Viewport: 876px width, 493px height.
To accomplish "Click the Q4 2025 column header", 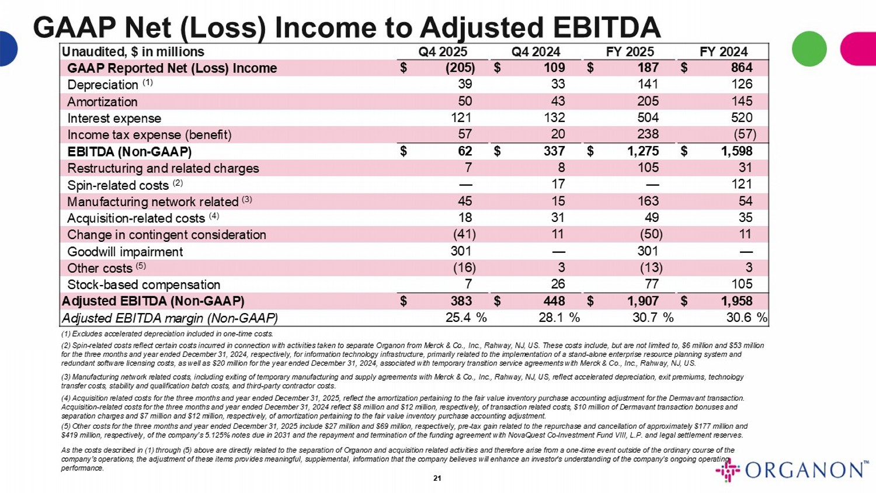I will [443, 51].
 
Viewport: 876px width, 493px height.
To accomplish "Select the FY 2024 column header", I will [724, 51].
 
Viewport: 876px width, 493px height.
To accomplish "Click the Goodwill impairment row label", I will [125, 252].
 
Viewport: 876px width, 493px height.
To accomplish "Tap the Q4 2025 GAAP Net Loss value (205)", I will [460, 68].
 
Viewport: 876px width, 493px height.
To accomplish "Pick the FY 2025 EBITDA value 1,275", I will [643, 151].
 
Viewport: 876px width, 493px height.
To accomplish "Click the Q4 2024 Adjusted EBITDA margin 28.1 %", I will [559, 318].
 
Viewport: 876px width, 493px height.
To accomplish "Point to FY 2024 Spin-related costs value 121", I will [742, 185].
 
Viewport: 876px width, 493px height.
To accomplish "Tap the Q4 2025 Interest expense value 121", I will [461, 118].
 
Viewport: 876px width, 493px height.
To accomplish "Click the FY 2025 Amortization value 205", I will [648, 101].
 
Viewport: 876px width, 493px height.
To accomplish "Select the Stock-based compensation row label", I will [144, 285].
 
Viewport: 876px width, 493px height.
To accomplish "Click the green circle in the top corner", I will [809, 48].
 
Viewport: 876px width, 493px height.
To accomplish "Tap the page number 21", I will [437, 478].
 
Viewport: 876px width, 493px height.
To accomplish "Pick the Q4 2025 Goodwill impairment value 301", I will [461, 252].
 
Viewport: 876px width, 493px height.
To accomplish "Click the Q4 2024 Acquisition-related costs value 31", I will [558, 218].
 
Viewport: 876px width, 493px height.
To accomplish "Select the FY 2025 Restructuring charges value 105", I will [648, 168].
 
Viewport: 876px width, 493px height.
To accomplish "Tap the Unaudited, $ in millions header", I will [133, 52].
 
